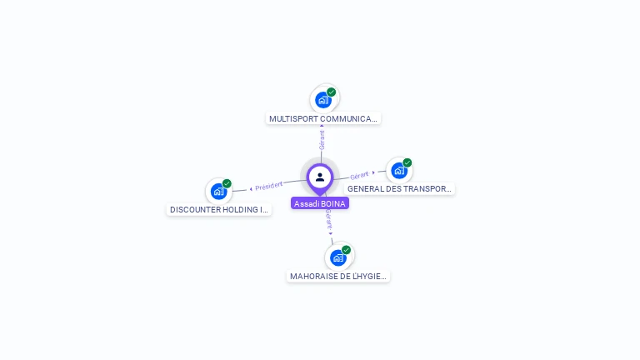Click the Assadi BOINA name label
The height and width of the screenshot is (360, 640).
[x=320, y=203]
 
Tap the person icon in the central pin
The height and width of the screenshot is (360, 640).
[x=320, y=177]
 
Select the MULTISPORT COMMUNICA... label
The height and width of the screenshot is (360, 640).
[x=322, y=119]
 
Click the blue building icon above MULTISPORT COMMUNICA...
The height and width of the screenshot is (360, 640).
[x=323, y=100]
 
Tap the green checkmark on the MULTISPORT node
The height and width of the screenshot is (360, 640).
[x=332, y=92]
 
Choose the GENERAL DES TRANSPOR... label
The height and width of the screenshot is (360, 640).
[x=399, y=188]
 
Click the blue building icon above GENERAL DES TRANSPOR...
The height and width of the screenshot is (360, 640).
[x=399, y=171]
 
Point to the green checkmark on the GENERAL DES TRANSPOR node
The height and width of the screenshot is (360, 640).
[x=407, y=162]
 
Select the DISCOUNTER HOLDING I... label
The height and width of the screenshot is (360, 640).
[x=219, y=209]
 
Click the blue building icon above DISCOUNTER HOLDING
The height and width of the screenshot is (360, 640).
[x=219, y=191]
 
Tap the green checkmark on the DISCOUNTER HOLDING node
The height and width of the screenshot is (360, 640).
[x=227, y=183]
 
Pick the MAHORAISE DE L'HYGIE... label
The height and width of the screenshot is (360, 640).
[x=338, y=277]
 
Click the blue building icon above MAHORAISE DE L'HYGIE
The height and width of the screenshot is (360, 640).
[x=338, y=258]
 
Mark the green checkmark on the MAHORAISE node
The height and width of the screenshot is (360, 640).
[x=346, y=250]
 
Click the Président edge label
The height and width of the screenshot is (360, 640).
[x=268, y=186]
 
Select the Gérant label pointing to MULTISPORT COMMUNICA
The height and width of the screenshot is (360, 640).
[x=322, y=140]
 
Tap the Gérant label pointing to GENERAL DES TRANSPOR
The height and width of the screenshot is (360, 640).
[x=359, y=176]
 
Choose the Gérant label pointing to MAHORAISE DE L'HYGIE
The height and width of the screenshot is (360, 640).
[x=328, y=220]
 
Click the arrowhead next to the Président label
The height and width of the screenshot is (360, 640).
[x=251, y=189]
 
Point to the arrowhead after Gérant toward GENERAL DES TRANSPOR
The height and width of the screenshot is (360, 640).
[x=373, y=172]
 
